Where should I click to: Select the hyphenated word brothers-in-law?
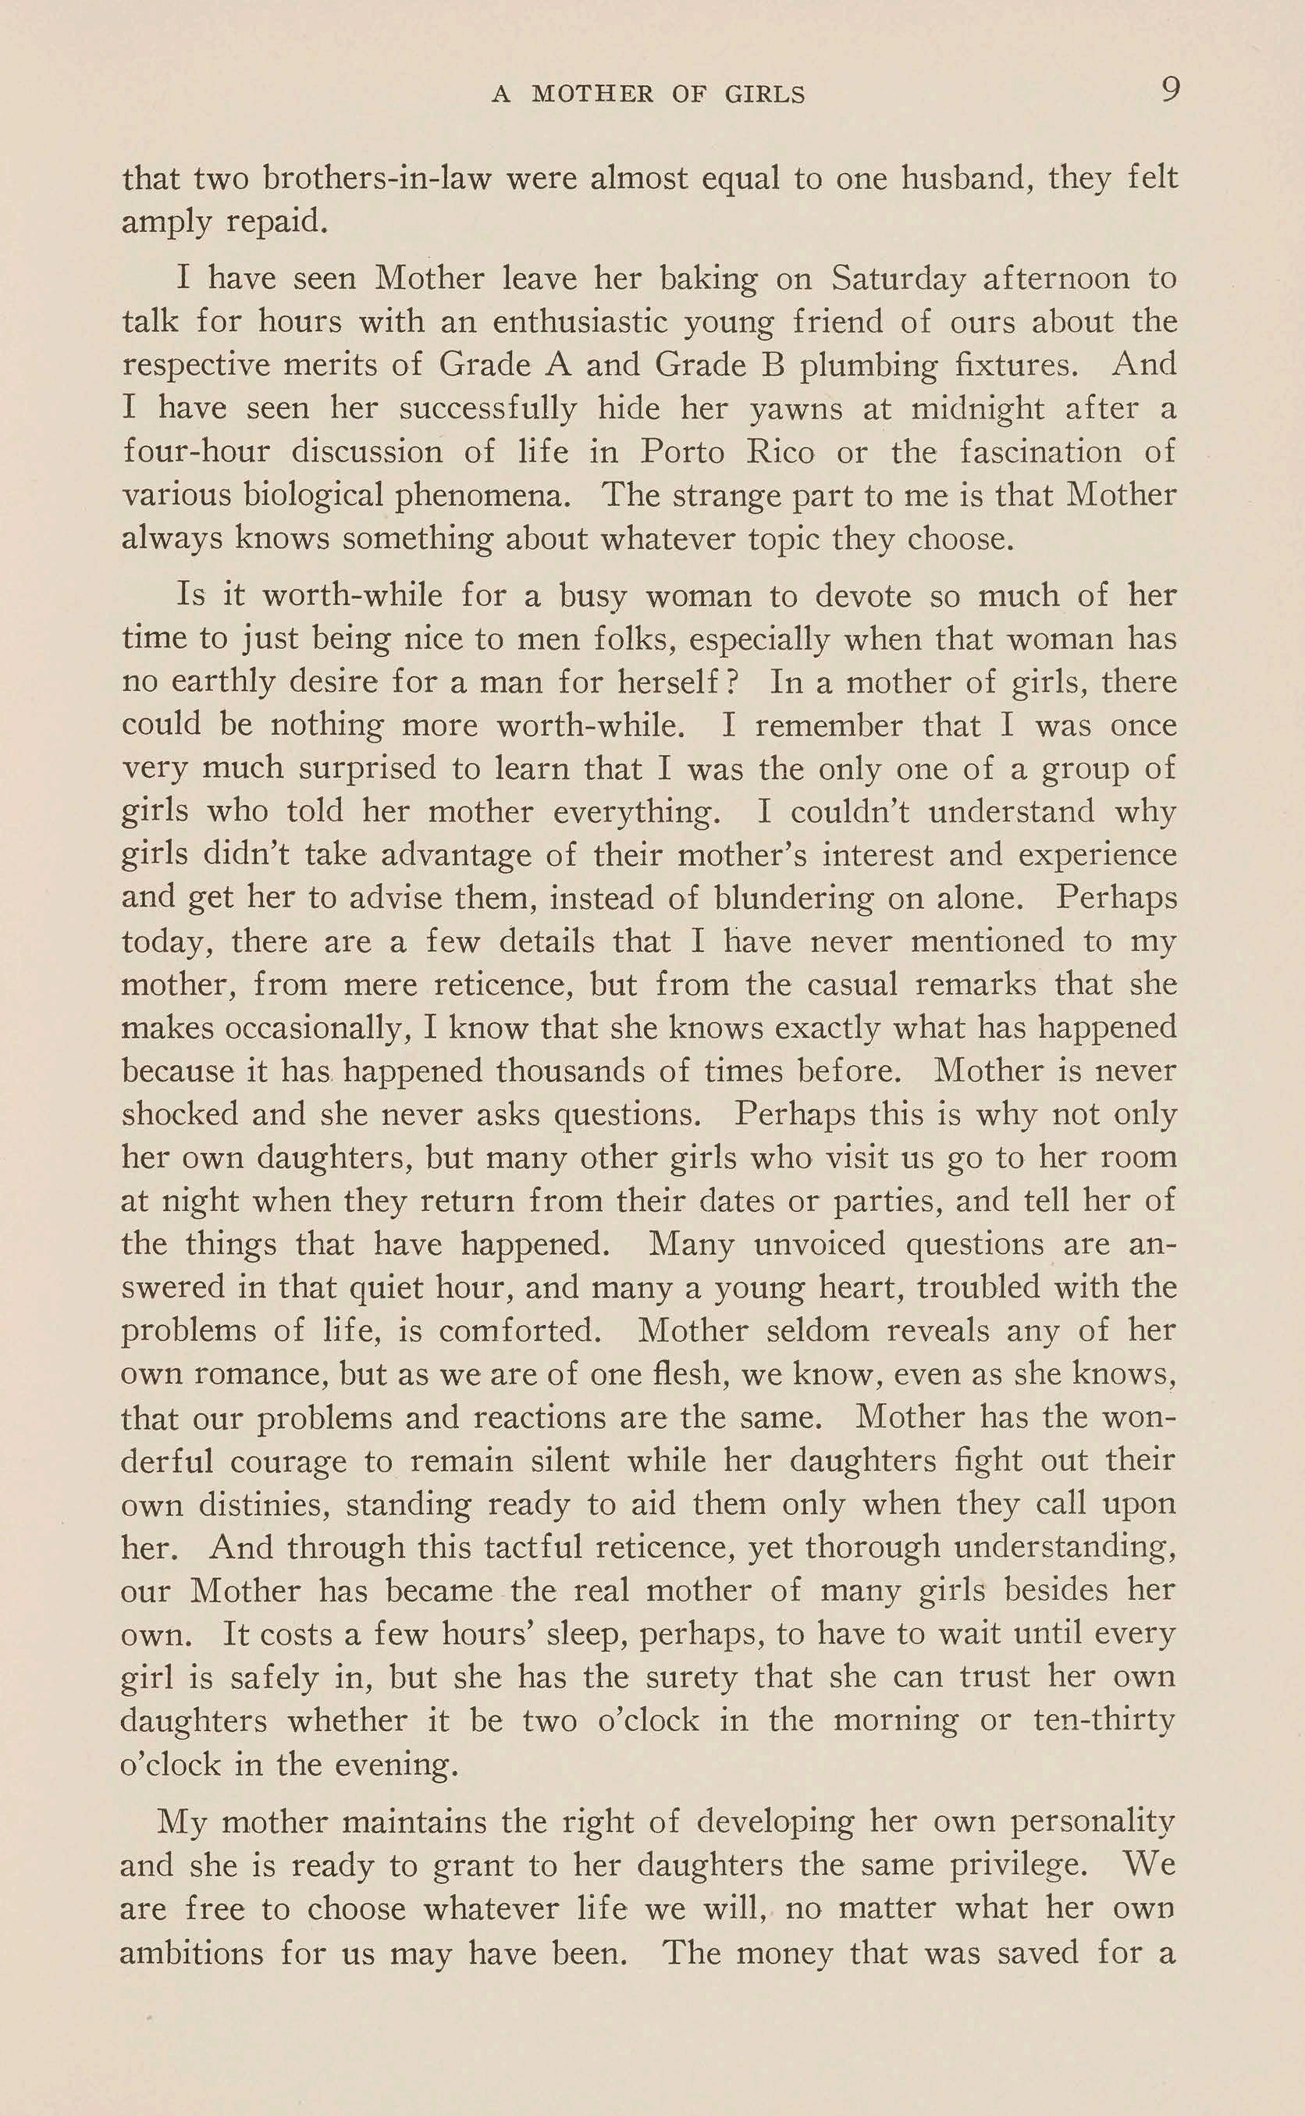click(377, 179)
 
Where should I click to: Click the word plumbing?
click(867, 365)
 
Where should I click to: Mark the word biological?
click(312, 496)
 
